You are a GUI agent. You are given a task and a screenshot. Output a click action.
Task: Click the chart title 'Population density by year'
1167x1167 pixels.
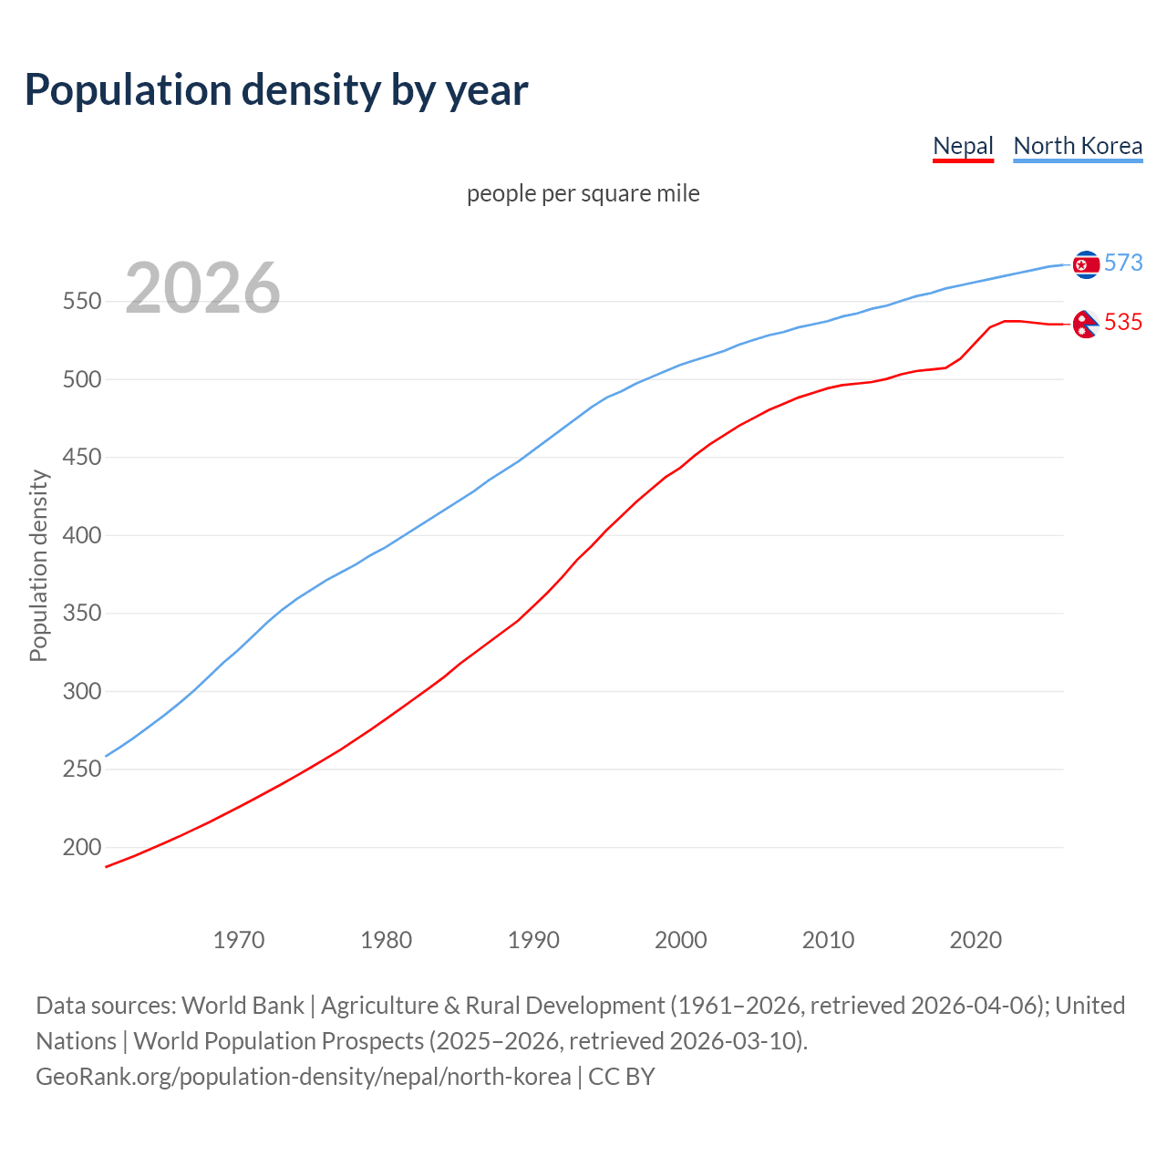click(x=276, y=90)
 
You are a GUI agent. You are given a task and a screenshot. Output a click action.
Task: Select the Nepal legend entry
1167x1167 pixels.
click(x=963, y=146)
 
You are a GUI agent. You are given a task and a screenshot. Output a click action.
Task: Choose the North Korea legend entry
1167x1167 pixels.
click(x=1078, y=146)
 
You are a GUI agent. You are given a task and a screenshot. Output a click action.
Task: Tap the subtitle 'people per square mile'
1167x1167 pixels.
click(x=583, y=193)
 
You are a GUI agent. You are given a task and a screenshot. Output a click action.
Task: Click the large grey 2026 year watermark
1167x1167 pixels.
click(x=202, y=288)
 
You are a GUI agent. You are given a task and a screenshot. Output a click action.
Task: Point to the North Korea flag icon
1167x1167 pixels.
click(x=1086, y=264)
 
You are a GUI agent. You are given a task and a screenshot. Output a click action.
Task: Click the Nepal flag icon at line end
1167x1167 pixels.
click(x=1085, y=324)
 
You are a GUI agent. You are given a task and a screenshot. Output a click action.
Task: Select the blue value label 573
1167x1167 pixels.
click(x=1123, y=263)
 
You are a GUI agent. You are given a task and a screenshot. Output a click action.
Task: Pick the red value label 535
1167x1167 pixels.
click(x=1123, y=322)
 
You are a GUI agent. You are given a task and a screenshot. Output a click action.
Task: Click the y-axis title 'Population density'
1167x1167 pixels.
click(x=38, y=565)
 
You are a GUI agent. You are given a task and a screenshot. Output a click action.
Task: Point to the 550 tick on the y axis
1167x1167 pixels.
click(x=81, y=301)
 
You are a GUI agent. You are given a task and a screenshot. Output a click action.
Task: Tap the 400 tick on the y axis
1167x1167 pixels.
click(x=81, y=535)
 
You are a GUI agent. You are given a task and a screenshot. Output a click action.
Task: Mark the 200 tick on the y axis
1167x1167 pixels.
click(x=81, y=847)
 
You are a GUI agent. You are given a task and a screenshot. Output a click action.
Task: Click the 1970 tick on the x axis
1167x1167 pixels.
click(x=239, y=939)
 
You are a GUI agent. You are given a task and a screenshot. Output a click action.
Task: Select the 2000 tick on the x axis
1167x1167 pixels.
click(x=681, y=939)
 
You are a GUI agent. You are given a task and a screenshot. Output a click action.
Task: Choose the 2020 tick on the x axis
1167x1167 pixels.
click(x=976, y=939)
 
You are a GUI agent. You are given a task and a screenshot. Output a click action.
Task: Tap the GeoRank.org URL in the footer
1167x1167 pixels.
click(x=304, y=1077)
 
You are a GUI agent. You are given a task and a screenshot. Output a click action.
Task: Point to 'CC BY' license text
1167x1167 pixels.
click(x=622, y=1077)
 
